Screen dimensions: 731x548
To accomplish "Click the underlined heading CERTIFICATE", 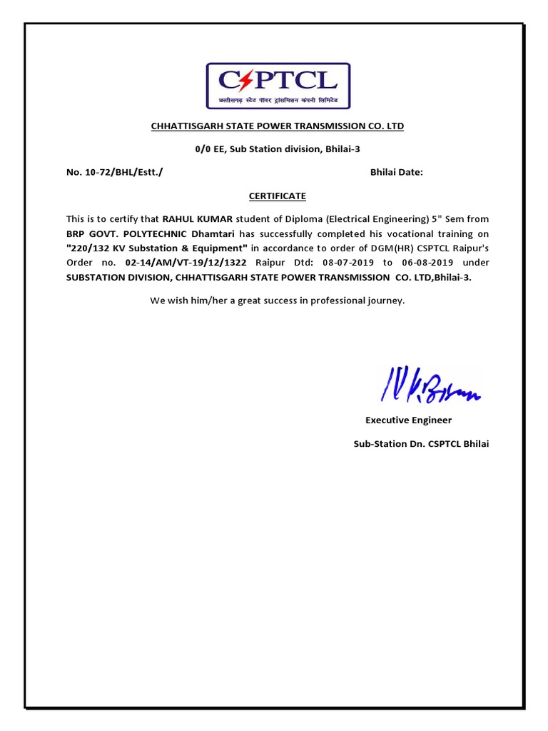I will pos(277,195).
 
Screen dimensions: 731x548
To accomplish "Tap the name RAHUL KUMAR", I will pos(193,219).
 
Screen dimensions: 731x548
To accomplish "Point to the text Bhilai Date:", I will pos(397,172).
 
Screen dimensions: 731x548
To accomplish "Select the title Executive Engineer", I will pos(408,420).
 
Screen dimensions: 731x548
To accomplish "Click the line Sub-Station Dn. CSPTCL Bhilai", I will pos(421,444).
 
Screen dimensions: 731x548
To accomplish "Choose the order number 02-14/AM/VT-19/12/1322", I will pos(187,263).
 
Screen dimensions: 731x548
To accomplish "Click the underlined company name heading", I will pos(277,126).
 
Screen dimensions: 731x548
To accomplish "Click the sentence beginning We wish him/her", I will pos(277,301).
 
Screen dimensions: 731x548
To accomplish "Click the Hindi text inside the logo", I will pos(277,101).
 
